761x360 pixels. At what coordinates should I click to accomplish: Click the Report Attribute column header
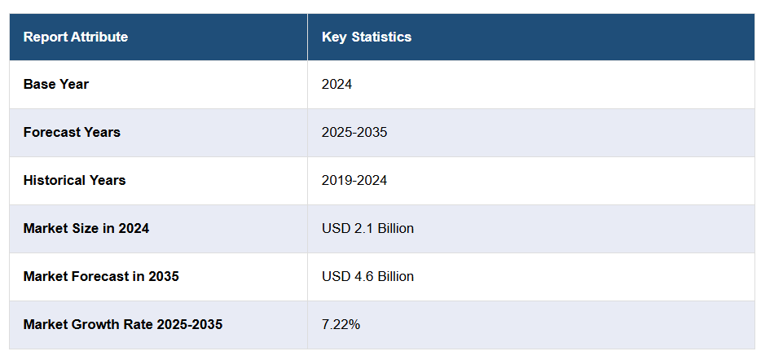click(75, 37)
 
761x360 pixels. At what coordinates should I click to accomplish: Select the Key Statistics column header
click(366, 37)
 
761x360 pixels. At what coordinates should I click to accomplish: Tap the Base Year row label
click(56, 84)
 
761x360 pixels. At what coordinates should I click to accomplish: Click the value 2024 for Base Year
click(337, 84)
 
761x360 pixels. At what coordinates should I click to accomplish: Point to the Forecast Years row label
click(72, 132)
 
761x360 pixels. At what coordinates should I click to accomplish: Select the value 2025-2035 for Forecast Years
click(354, 132)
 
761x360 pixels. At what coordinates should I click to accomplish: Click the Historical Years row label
click(74, 180)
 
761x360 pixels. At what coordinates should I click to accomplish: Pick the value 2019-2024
click(354, 180)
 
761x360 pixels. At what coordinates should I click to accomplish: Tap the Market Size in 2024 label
click(86, 228)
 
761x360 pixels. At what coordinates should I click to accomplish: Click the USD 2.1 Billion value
click(367, 228)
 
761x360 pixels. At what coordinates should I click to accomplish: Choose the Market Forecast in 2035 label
click(101, 276)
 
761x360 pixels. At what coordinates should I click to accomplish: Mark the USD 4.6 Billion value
click(367, 276)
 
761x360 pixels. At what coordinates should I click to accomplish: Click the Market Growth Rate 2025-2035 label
click(122, 324)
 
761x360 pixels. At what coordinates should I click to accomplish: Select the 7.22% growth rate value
click(341, 324)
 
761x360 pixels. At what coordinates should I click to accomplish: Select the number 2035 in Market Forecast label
click(163, 276)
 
